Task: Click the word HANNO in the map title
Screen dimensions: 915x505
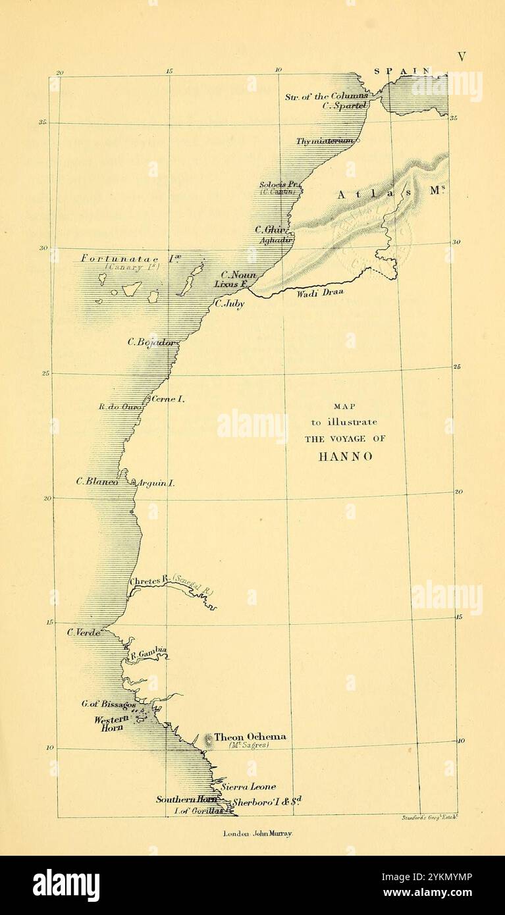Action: click(345, 456)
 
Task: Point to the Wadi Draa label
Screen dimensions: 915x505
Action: click(320, 292)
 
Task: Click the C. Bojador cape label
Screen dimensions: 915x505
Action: click(151, 342)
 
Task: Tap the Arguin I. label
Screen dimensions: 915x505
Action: click(156, 483)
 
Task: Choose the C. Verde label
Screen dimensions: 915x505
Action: click(84, 632)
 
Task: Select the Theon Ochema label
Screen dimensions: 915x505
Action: click(250, 737)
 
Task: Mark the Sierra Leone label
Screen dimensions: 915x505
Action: click(248, 787)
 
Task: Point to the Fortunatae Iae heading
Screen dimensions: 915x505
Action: click(131, 259)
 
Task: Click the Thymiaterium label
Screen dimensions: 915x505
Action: click(325, 141)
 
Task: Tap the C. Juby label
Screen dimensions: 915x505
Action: click(230, 304)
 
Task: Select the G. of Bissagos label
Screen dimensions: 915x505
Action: click(109, 704)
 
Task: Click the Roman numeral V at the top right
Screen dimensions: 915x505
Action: click(462, 57)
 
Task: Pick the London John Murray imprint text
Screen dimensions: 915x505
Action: click(258, 833)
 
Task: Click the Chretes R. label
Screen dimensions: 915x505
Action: click(150, 581)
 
